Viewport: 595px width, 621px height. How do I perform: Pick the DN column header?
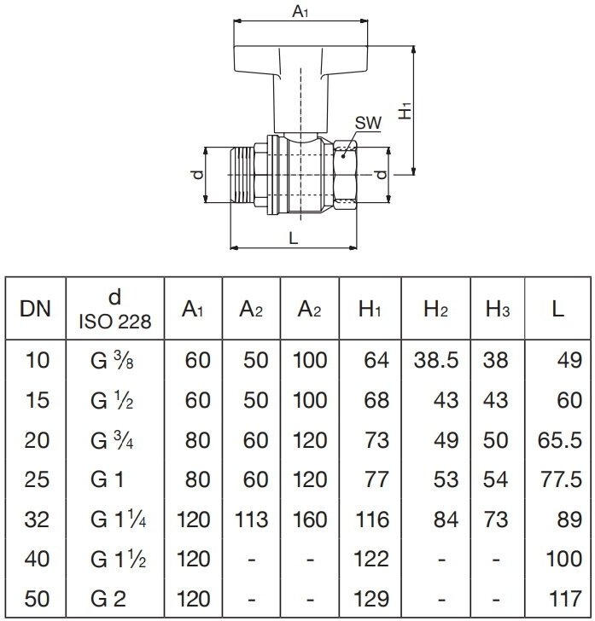(34, 309)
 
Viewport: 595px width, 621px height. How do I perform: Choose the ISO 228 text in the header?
(115, 322)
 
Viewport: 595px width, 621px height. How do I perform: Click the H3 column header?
(497, 309)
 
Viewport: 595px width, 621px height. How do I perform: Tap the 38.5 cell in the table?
(435, 361)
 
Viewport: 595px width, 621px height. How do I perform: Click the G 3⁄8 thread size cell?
(114, 361)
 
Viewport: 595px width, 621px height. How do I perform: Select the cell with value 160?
(309, 518)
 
